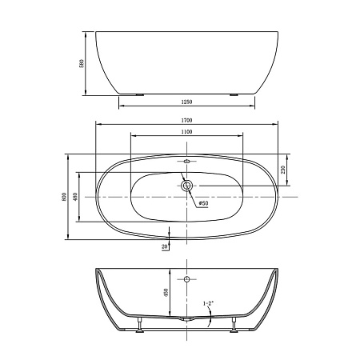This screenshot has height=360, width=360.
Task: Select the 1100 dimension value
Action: click(x=186, y=130)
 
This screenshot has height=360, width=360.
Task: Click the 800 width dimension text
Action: click(x=63, y=197)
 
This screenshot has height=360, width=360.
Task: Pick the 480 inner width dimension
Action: click(x=74, y=197)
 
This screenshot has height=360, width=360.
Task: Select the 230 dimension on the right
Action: click(x=282, y=170)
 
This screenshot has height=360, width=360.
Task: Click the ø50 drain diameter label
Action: click(x=203, y=203)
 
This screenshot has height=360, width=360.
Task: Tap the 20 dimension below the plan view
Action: click(x=164, y=246)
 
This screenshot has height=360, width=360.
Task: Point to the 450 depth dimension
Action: click(x=166, y=293)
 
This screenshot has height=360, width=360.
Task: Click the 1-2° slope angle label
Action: click(x=208, y=302)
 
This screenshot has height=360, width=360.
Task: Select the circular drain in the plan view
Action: click(x=187, y=186)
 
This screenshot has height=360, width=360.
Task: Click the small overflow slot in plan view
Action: click(x=187, y=162)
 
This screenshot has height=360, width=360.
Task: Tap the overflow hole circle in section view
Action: click(x=187, y=280)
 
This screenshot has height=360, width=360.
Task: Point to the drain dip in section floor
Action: click(x=187, y=318)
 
